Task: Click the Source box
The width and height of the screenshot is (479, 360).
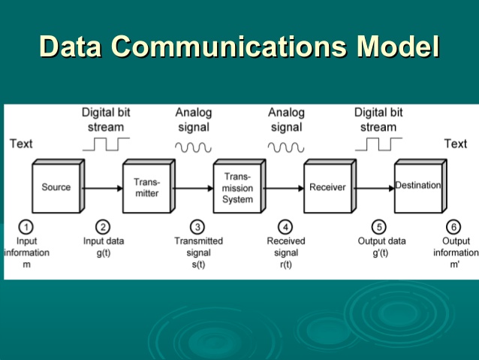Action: click(x=56, y=187)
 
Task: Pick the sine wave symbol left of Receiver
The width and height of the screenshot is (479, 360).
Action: click(x=286, y=146)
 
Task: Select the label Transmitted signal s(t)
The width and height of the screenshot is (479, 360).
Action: click(x=198, y=253)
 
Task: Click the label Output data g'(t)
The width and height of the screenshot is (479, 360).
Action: click(x=381, y=247)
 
